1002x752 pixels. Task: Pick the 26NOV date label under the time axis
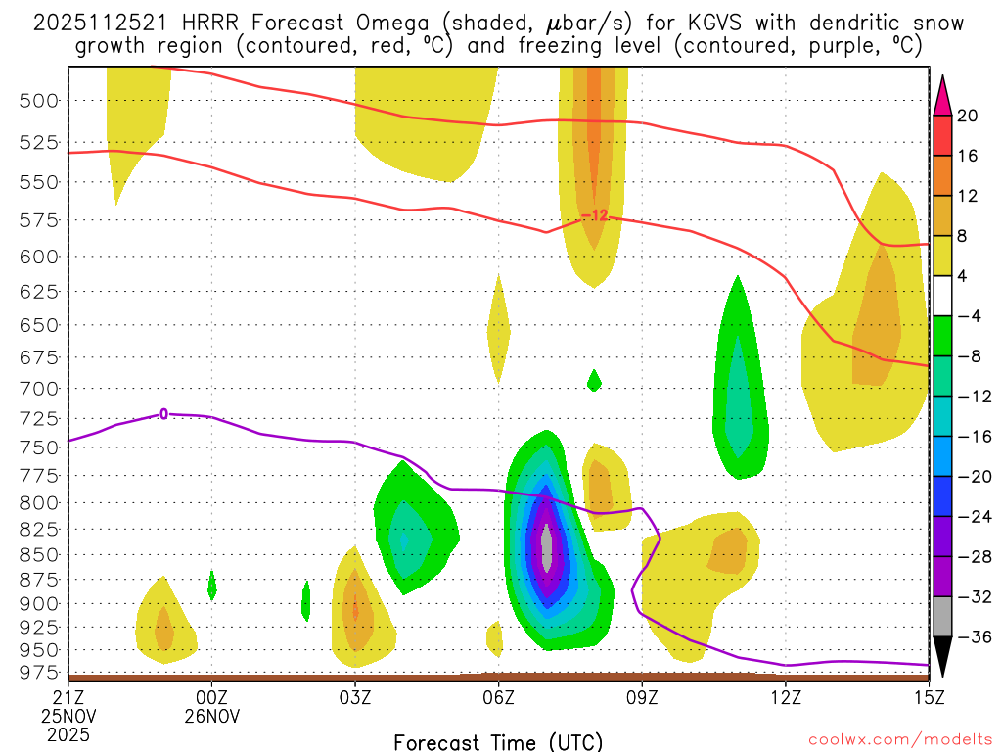pos(212,714)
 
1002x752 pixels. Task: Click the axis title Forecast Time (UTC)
pos(498,741)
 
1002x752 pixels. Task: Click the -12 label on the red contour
pos(594,215)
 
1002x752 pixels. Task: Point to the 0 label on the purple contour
pos(163,414)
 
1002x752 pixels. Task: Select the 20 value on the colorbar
pos(968,116)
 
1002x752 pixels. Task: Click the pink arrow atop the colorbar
pos(942,95)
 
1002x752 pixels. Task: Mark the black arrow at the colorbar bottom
pos(942,656)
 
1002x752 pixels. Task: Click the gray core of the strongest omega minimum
pos(547,548)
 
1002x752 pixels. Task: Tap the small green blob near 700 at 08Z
pos(594,380)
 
